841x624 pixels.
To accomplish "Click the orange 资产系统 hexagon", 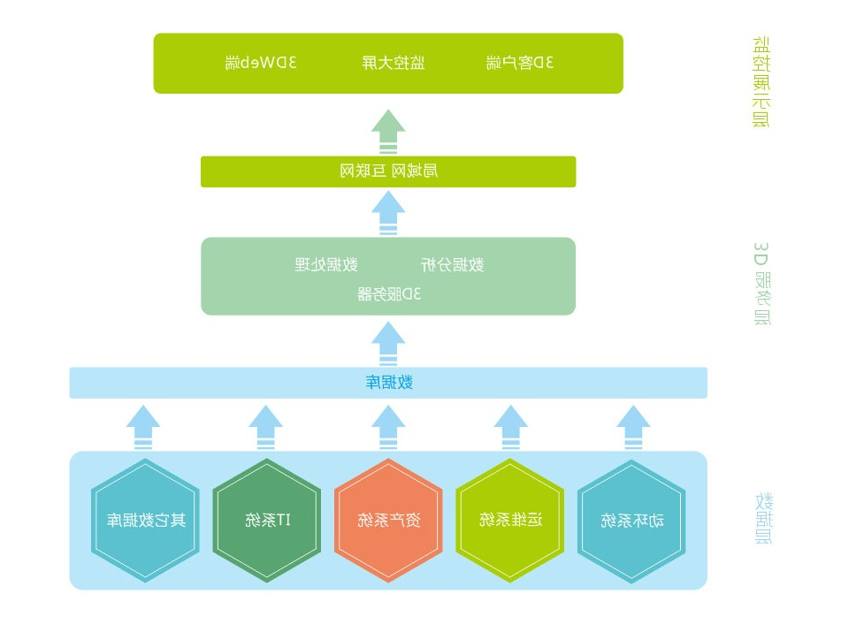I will [x=388, y=521].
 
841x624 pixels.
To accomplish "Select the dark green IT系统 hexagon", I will [x=266, y=521].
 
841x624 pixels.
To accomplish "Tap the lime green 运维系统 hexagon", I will [x=510, y=521].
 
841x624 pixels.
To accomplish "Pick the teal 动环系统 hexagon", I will [x=632, y=521].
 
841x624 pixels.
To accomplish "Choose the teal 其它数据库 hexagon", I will [x=145, y=521].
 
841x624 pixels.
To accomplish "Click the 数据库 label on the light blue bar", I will [x=388, y=383].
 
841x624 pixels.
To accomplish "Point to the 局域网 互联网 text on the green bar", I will [x=388, y=171].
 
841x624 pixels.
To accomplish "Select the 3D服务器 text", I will [x=388, y=294].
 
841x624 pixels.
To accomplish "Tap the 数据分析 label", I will [x=451, y=264].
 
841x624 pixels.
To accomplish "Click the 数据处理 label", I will [x=325, y=264].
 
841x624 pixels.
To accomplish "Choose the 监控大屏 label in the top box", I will [x=393, y=63].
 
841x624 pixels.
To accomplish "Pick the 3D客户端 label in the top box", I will [x=520, y=63].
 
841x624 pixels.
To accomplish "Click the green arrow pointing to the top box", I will [x=388, y=132].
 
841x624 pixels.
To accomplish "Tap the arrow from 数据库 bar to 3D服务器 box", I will [x=388, y=343].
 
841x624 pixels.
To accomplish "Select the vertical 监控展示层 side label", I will [x=761, y=82].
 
